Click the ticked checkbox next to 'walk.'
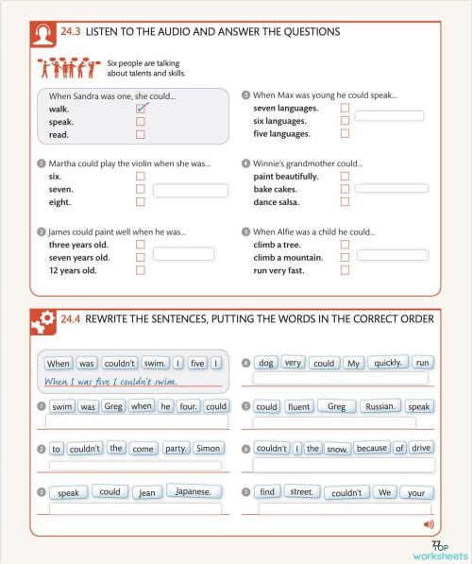pyautogui.click(x=141, y=109)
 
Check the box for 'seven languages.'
pyautogui.click(x=345, y=108)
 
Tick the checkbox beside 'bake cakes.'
pyautogui.click(x=345, y=189)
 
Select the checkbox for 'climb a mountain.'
pyautogui.click(x=345, y=257)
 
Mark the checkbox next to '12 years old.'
pyautogui.click(x=140, y=270)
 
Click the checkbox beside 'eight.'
pyautogui.click(x=140, y=202)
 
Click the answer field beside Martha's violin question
pyautogui.click(x=190, y=191)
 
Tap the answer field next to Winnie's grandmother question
pyautogui.click(x=391, y=189)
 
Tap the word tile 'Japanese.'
pyautogui.click(x=194, y=491)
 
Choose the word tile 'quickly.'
pyautogui.click(x=387, y=363)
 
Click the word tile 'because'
pyautogui.click(x=371, y=449)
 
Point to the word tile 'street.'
pyautogui.click(x=305, y=491)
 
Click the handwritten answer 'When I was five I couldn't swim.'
pyautogui.click(x=111, y=382)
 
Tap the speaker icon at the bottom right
pyautogui.click(x=429, y=523)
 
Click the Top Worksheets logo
pyautogui.click(x=439, y=552)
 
